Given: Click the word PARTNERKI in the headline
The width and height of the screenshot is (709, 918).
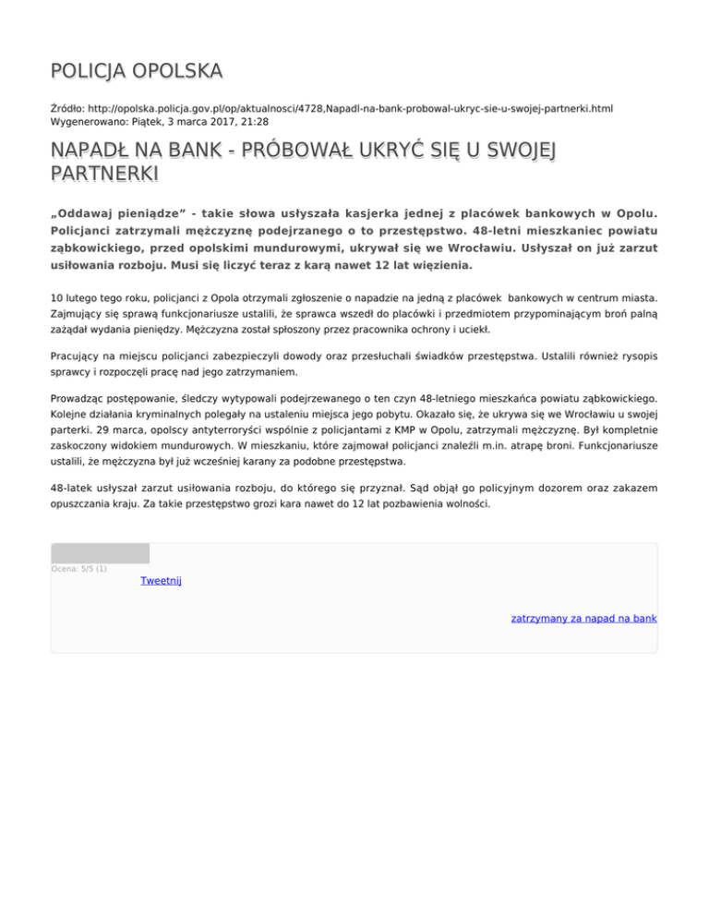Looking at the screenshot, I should pos(91,174).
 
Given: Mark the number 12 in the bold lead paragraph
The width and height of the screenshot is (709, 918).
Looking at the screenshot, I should pos(388,266).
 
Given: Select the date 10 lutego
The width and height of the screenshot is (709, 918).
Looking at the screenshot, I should pos(80,298).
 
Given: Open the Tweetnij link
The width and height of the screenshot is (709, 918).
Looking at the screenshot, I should pos(161,580).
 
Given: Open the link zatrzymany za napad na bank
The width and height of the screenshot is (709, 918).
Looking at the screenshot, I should pos(583,619).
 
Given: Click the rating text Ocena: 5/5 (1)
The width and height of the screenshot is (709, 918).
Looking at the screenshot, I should pos(79,569).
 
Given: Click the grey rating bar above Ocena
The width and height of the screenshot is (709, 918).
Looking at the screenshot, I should pos(100,553).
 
